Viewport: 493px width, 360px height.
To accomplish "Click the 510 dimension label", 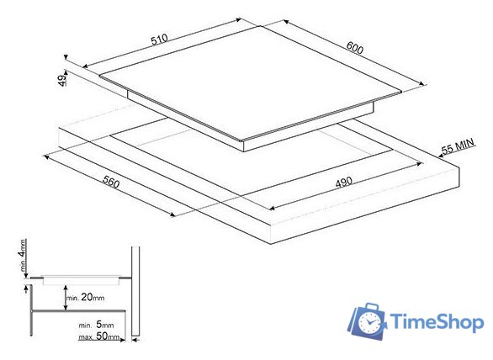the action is coord(159,40).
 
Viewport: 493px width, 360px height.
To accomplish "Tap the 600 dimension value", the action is coord(355,47).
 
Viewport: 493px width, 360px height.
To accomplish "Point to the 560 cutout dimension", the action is coord(111,182).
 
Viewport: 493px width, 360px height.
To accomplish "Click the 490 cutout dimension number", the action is coord(343,182).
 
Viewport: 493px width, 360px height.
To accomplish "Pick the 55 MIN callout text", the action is coord(458,146).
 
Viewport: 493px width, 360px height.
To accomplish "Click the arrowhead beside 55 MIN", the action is coord(441,155).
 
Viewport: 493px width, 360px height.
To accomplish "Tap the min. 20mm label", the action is coord(85,297).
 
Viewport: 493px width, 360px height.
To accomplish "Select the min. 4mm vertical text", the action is coord(23,255).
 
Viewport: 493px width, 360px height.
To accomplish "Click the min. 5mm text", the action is coord(96,325).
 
